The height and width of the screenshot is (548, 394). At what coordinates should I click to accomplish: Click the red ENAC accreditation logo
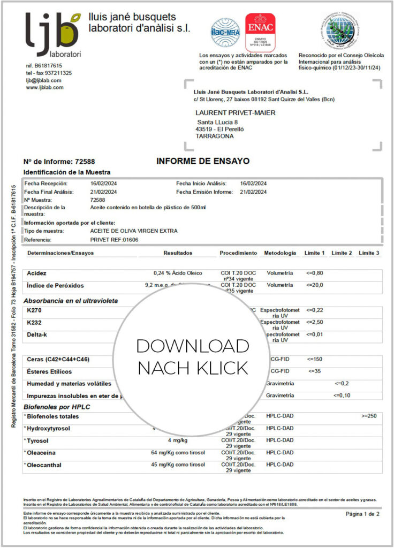click(260, 32)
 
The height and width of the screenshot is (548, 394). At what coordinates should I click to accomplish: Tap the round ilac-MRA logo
click(225, 32)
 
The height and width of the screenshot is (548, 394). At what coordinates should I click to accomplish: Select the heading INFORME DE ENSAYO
click(195, 161)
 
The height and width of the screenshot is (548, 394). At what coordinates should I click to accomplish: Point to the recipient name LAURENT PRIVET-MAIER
click(236, 112)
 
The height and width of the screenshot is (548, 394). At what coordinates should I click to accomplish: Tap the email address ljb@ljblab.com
click(43, 80)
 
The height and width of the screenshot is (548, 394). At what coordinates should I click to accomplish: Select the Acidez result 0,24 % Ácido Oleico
click(178, 273)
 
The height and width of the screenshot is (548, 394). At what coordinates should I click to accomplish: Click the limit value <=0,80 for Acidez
click(314, 273)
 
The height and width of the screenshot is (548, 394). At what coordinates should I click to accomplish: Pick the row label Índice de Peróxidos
click(55, 285)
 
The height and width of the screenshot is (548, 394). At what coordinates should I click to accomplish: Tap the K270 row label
click(34, 310)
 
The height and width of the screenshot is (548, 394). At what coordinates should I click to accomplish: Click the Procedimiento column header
click(238, 253)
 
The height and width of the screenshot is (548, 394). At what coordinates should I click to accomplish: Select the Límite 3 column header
click(369, 253)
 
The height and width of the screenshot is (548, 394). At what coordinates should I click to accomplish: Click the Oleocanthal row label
click(47, 465)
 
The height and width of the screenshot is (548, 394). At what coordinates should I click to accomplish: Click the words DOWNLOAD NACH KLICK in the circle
click(193, 357)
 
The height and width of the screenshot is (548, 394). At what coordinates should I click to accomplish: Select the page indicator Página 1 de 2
click(362, 514)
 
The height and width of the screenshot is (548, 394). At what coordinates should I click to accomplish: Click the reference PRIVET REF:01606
click(114, 240)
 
